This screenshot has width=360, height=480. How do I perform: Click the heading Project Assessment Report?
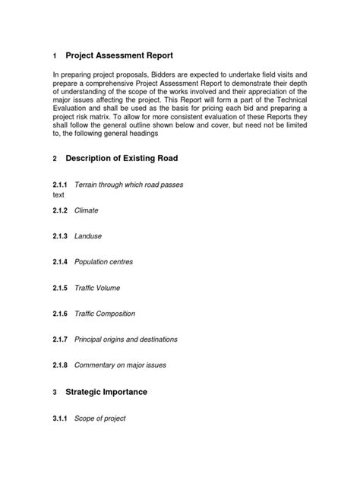point(119,56)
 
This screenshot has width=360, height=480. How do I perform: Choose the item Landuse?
point(88,236)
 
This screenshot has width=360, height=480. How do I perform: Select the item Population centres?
point(103,262)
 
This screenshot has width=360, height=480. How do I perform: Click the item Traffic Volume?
point(97,288)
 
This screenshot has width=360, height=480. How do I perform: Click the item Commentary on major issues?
point(120,365)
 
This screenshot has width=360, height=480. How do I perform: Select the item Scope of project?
point(100,418)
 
